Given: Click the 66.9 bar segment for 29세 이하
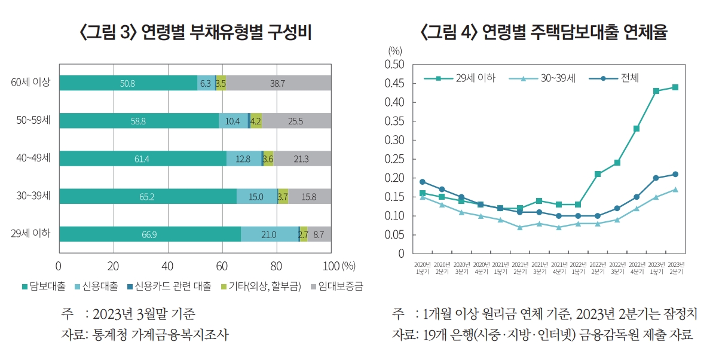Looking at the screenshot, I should pos(149,234).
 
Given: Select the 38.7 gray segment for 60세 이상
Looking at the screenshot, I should pos(278,83).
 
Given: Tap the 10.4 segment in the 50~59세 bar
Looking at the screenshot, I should pos(233,121).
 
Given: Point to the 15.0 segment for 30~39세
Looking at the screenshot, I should pos(256,196).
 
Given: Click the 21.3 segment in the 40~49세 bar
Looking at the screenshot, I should pos(302,158).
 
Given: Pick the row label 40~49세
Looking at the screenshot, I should pos(33,158).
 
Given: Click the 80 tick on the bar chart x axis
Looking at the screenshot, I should pos(277,265).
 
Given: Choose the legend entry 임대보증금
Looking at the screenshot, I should pos(337,286).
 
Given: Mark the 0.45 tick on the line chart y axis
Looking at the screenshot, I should pos(395,83).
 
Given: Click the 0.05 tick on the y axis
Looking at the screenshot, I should pos(395,234).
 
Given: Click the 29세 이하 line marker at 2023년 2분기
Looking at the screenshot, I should pos(675,87).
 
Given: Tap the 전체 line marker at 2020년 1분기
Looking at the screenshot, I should pos(423,182).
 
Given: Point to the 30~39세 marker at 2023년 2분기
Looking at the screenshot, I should pos(675,190).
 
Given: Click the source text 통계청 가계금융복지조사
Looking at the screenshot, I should pos(160,334).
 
